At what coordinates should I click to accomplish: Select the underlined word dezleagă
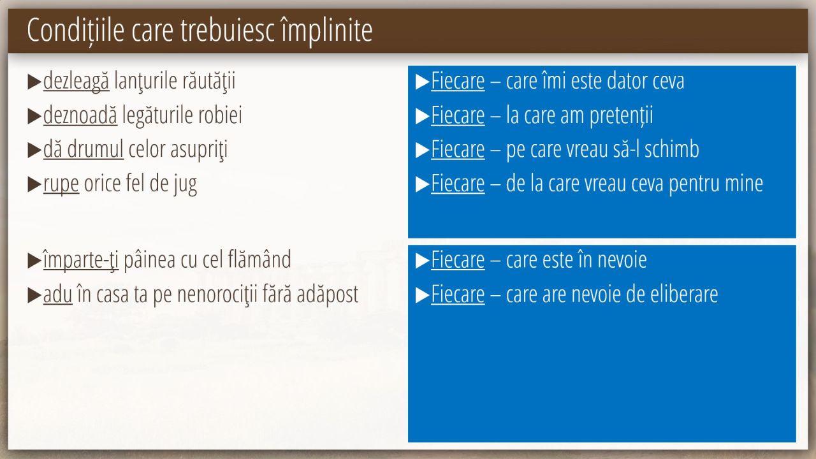(x=76, y=81)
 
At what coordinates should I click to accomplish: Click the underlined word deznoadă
(x=80, y=115)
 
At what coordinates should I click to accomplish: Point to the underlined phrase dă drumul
(x=84, y=149)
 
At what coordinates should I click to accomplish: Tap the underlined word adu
(x=57, y=295)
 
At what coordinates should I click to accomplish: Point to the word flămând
(x=259, y=259)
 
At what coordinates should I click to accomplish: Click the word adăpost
(x=328, y=295)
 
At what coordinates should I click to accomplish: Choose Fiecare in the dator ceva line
(x=458, y=80)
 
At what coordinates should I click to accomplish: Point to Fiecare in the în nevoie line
(x=458, y=260)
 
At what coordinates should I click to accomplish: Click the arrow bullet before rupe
(x=34, y=185)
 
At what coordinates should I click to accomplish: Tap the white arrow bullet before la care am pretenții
(x=422, y=116)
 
